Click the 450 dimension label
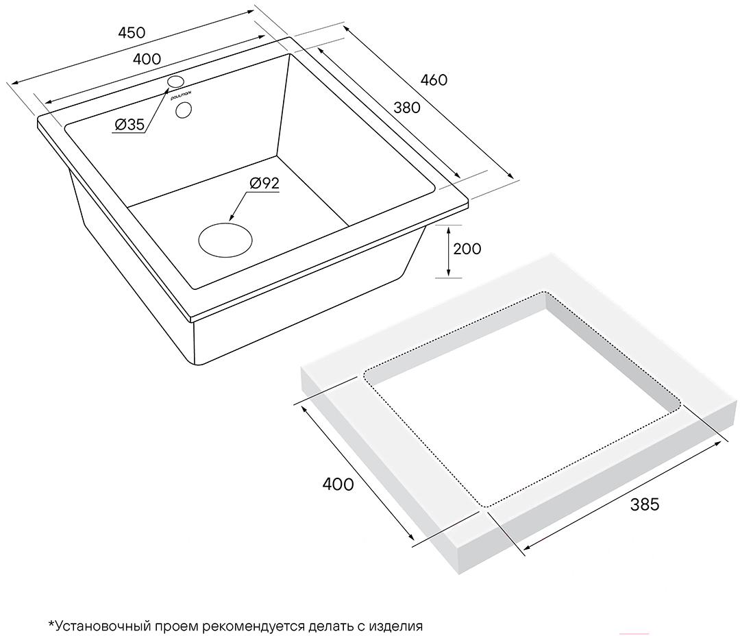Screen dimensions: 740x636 tap(132, 33)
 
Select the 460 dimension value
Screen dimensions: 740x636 tap(434, 80)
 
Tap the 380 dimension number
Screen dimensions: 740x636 tap(407, 108)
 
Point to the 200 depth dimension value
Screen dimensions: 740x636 tap(467, 249)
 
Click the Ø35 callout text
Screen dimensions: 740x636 tap(129, 125)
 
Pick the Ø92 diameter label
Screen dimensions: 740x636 tap(264, 183)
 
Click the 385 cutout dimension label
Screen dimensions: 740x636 tap(645, 504)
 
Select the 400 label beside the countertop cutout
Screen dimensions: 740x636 tap(338, 484)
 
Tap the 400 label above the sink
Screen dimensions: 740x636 tap(147, 59)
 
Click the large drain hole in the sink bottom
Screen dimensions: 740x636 tap(225, 241)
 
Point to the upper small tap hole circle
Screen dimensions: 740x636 tap(175, 81)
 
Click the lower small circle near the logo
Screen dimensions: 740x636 tap(183, 110)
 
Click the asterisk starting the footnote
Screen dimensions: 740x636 tap(51, 624)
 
